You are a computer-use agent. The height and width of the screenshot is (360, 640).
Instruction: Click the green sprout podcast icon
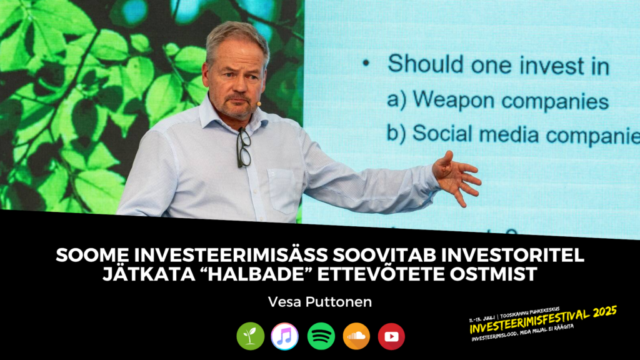251,336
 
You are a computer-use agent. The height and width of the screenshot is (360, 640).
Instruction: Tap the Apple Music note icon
285,336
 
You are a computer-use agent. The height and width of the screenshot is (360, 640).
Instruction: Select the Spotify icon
321,336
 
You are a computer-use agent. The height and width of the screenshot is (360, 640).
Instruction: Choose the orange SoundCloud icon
356,336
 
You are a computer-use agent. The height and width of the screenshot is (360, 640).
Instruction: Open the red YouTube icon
391,336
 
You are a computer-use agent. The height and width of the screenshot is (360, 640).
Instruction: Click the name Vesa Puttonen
319,301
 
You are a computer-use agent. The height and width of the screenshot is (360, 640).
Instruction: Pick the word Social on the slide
441,134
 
